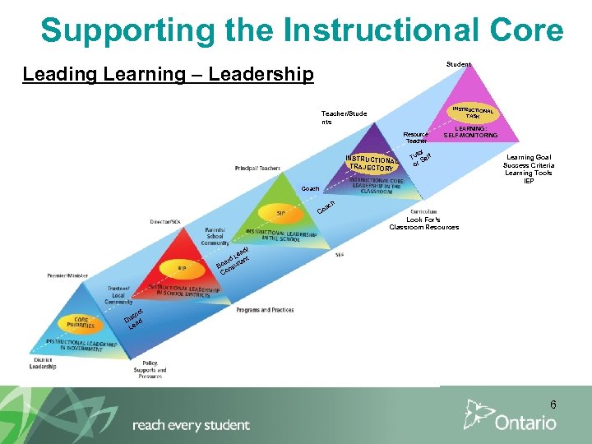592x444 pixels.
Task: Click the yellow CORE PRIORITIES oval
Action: pyautogui.click(x=81, y=322)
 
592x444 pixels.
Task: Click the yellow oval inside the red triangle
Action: pyautogui.click(x=183, y=268)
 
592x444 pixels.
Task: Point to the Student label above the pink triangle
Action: pyautogui.click(x=459, y=64)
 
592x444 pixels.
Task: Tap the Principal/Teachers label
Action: pyautogui.click(x=257, y=169)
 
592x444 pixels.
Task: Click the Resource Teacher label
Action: pyautogui.click(x=415, y=137)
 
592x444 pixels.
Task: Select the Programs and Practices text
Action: pyautogui.click(x=266, y=310)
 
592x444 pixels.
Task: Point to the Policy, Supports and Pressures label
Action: pyautogui.click(x=150, y=369)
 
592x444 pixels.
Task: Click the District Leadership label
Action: pyautogui.click(x=44, y=363)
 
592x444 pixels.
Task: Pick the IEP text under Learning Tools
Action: pyautogui.click(x=529, y=181)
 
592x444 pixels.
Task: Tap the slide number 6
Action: pyautogui.click(x=553, y=405)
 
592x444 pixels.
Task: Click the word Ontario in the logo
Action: pyautogui.click(x=525, y=423)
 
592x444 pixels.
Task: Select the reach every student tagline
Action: pyautogui.click(x=191, y=425)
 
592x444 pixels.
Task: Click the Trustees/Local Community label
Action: pyautogui.click(x=118, y=295)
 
